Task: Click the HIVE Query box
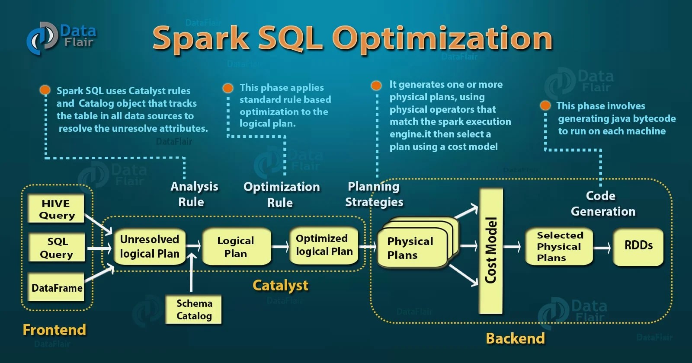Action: tap(56, 209)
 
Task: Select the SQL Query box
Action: tap(56, 247)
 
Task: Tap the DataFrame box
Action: tap(56, 287)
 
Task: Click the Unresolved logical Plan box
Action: tap(150, 246)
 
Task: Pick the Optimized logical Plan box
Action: tap(324, 245)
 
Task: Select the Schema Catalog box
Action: tap(194, 309)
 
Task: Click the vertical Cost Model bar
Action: tap(491, 251)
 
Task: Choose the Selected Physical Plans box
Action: tap(559, 246)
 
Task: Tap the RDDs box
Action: tap(638, 246)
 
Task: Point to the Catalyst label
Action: tap(280, 285)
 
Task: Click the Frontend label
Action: tap(54, 330)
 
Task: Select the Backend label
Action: tap(515, 338)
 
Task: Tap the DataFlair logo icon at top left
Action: tap(42, 38)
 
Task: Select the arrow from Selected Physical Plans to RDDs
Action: tap(602, 248)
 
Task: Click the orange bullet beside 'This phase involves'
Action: tap(545, 105)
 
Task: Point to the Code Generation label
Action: tap(602, 204)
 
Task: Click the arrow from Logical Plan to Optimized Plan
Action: tap(280, 247)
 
